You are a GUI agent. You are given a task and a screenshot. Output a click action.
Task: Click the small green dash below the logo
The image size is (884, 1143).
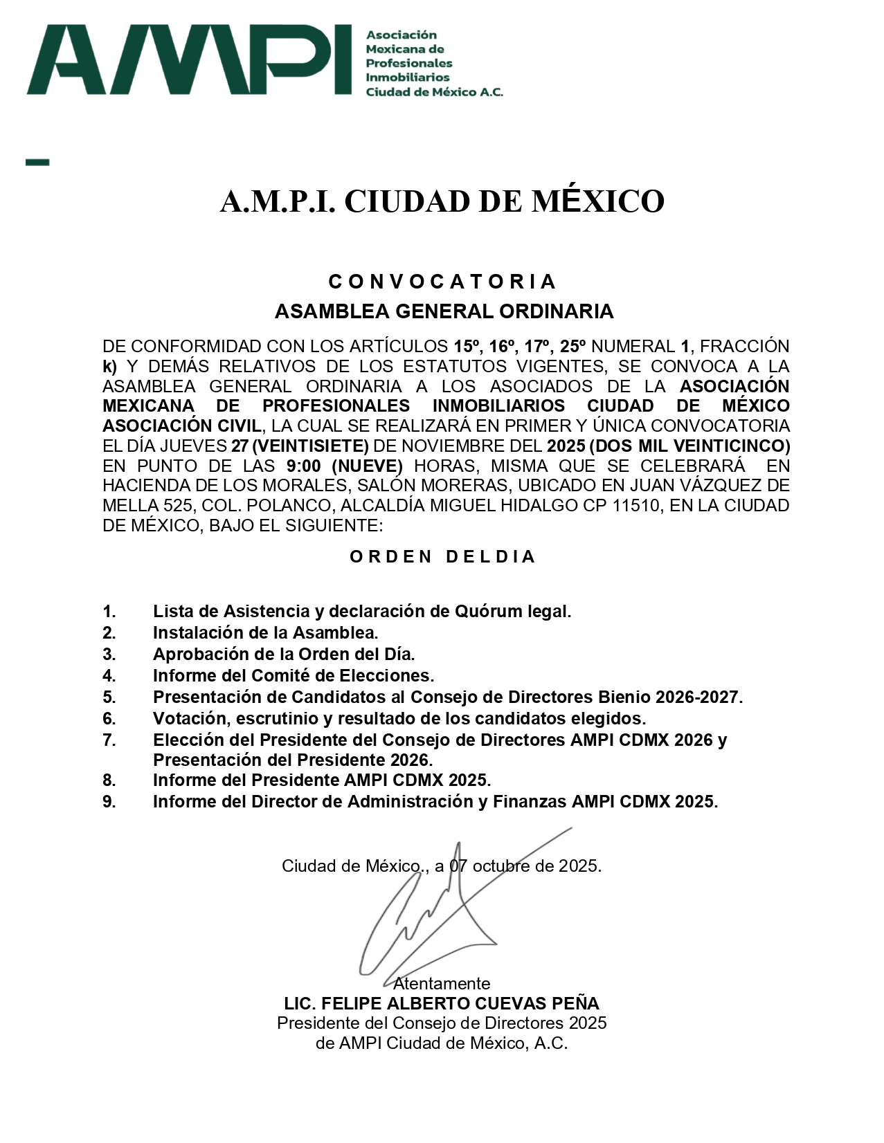(37, 163)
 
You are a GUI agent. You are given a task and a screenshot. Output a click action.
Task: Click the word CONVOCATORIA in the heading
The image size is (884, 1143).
(442, 282)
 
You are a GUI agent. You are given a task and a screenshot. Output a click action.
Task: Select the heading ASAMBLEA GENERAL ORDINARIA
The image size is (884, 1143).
(444, 311)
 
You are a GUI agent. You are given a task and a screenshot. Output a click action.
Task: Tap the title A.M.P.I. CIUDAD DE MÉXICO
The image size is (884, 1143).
(442, 201)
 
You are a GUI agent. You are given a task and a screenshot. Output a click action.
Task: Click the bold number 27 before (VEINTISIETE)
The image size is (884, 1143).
(240, 446)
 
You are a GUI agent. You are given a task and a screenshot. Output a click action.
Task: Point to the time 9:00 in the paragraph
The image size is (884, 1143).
(303, 466)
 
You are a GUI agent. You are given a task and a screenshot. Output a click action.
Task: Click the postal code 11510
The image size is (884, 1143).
(635, 506)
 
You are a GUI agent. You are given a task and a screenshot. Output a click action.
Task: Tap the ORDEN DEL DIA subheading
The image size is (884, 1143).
(442, 557)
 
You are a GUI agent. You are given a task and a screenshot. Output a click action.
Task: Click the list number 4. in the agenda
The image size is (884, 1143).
(109, 675)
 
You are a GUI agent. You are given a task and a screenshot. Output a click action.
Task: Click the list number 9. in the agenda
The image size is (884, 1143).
(109, 802)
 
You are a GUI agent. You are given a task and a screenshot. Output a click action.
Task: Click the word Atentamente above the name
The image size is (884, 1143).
(442, 983)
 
